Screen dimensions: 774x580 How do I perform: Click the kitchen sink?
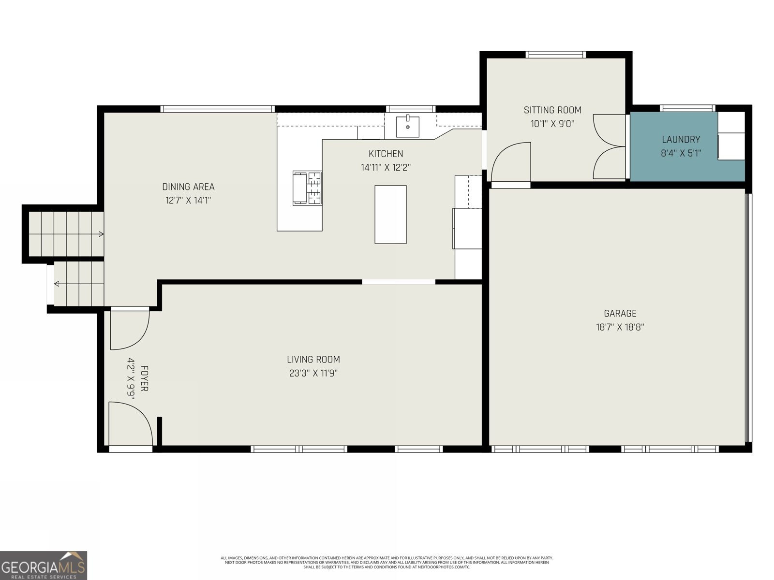(x=407, y=127)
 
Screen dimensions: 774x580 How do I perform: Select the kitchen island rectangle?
(x=390, y=215)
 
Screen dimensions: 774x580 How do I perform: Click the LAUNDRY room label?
(x=681, y=140)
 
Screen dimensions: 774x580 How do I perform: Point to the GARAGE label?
(x=620, y=313)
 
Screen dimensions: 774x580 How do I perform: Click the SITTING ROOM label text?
(x=552, y=110)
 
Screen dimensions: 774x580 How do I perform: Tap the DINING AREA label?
(x=188, y=187)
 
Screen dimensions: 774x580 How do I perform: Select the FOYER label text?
(x=144, y=378)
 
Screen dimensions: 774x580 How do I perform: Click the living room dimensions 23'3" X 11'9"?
(x=313, y=373)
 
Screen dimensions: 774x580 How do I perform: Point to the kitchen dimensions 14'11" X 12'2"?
(x=386, y=168)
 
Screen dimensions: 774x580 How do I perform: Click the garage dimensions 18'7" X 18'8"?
(x=620, y=327)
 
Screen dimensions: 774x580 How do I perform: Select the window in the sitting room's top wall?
(x=556, y=55)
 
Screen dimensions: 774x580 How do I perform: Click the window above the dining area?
(x=218, y=109)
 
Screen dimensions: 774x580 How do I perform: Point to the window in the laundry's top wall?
(x=687, y=108)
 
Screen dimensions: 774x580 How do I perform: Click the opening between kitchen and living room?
(x=399, y=282)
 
